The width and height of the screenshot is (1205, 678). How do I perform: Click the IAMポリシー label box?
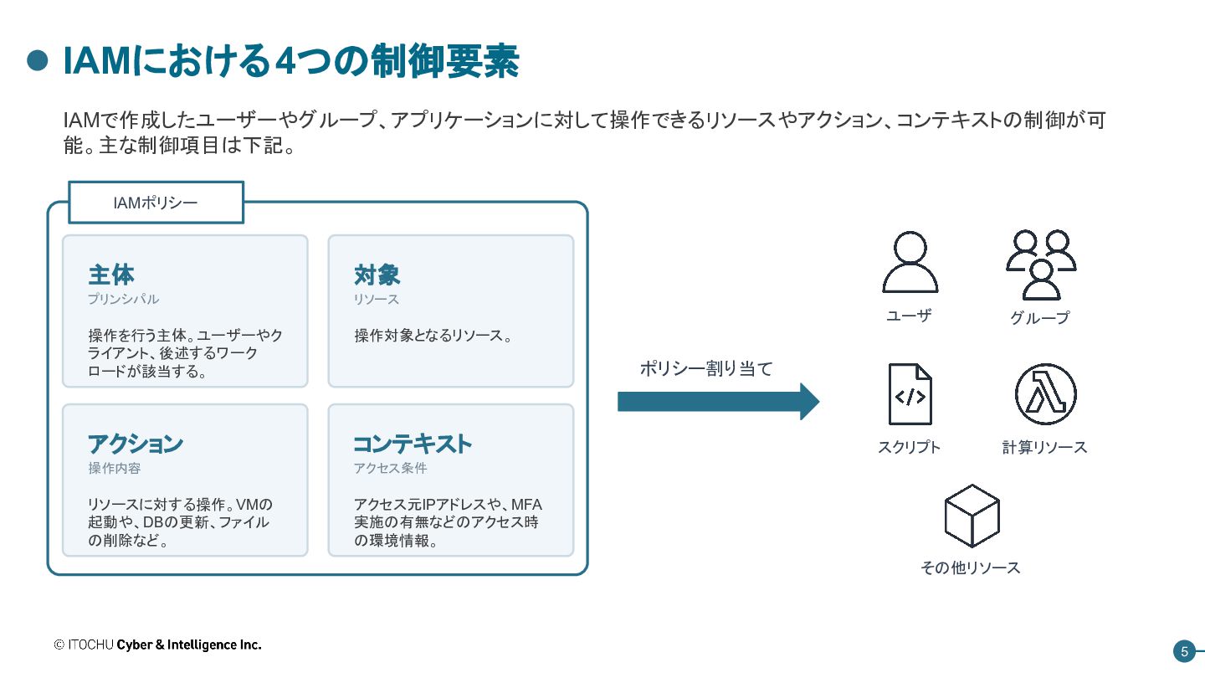[x=156, y=203]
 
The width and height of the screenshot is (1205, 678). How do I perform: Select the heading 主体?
[x=110, y=275]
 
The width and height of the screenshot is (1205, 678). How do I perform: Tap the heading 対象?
[x=377, y=275]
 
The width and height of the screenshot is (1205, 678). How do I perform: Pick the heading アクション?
[x=135, y=444]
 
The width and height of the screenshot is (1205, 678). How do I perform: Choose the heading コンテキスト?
[x=413, y=444]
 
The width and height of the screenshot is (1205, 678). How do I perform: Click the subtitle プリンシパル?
[x=123, y=299]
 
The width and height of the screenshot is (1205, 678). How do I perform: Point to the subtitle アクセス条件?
[x=390, y=468]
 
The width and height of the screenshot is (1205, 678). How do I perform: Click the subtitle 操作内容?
[x=114, y=468]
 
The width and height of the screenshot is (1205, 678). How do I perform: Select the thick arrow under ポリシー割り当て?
[x=718, y=402]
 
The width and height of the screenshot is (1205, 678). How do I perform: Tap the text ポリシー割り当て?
[x=705, y=368]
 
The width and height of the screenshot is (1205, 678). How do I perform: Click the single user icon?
[x=910, y=262]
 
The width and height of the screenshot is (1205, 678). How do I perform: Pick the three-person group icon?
[x=1041, y=265]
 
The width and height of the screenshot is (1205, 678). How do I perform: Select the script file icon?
[x=910, y=394]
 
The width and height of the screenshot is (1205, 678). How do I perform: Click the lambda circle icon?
[x=1045, y=394]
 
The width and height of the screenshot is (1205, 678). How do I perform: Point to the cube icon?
[x=972, y=516]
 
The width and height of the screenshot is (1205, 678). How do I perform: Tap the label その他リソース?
[x=970, y=568]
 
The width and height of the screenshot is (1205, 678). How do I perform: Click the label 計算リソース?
[x=1044, y=447]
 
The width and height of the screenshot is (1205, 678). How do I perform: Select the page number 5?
[x=1185, y=652]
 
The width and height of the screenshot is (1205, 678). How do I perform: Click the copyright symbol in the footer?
[x=59, y=645]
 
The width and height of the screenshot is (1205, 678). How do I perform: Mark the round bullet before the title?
[x=38, y=61]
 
